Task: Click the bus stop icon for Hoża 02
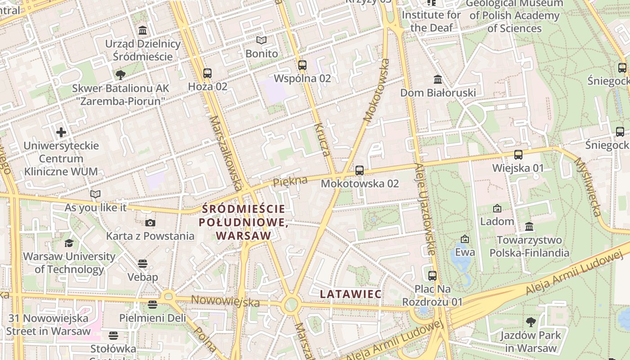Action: click(x=207, y=73)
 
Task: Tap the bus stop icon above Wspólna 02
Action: click(x=302, y=65)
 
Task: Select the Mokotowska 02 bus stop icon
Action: click(x=359, y=171)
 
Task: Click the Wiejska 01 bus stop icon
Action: click(x=518, y=155)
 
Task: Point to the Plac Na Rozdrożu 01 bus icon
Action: click(x=432, y=275)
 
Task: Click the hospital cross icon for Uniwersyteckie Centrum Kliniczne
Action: click(x=61, y=132)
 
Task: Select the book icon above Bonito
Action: click(x=261, y=40)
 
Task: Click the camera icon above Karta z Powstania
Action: click(x=150, y=223)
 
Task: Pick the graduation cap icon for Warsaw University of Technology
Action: click(x=69, y=243)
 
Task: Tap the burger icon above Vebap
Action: click(x=143, y=264)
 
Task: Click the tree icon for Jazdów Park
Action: click(x=531, y=322)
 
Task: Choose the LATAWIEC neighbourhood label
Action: click(x=351, y=294)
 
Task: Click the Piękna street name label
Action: click(x=290, y=181)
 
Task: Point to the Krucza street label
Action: click(x=323, y=139)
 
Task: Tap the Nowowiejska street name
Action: click(x=225, y=301)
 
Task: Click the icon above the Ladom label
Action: click(x=497, y=208)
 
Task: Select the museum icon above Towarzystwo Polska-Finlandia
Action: click(x=529, y=226)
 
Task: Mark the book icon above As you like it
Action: click(x=95, y=194)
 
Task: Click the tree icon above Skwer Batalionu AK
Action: click(x=120, y=75)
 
